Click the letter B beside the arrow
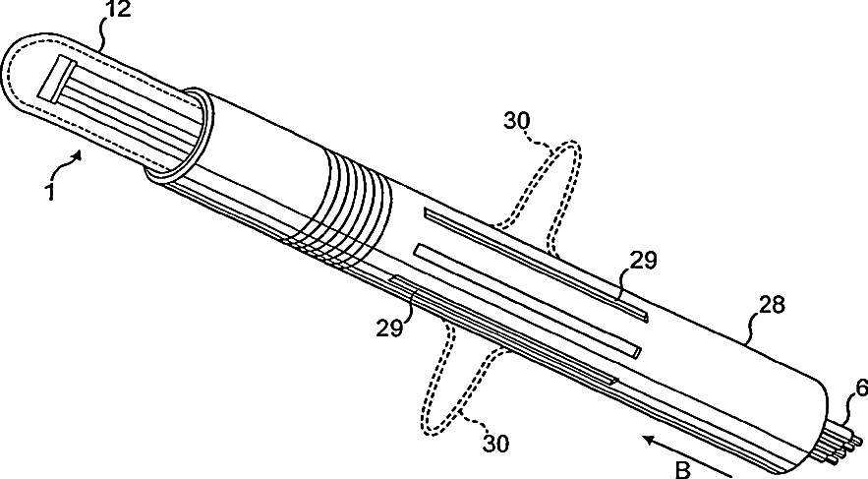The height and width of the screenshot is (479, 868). (x=683, y=468)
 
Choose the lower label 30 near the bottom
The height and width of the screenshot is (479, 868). (x=495, y=444)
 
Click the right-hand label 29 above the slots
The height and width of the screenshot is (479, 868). (x=643, y=261)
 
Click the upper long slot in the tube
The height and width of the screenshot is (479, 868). (x=536, y=262)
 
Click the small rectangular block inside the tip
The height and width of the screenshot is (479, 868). (x=54, y=79)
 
